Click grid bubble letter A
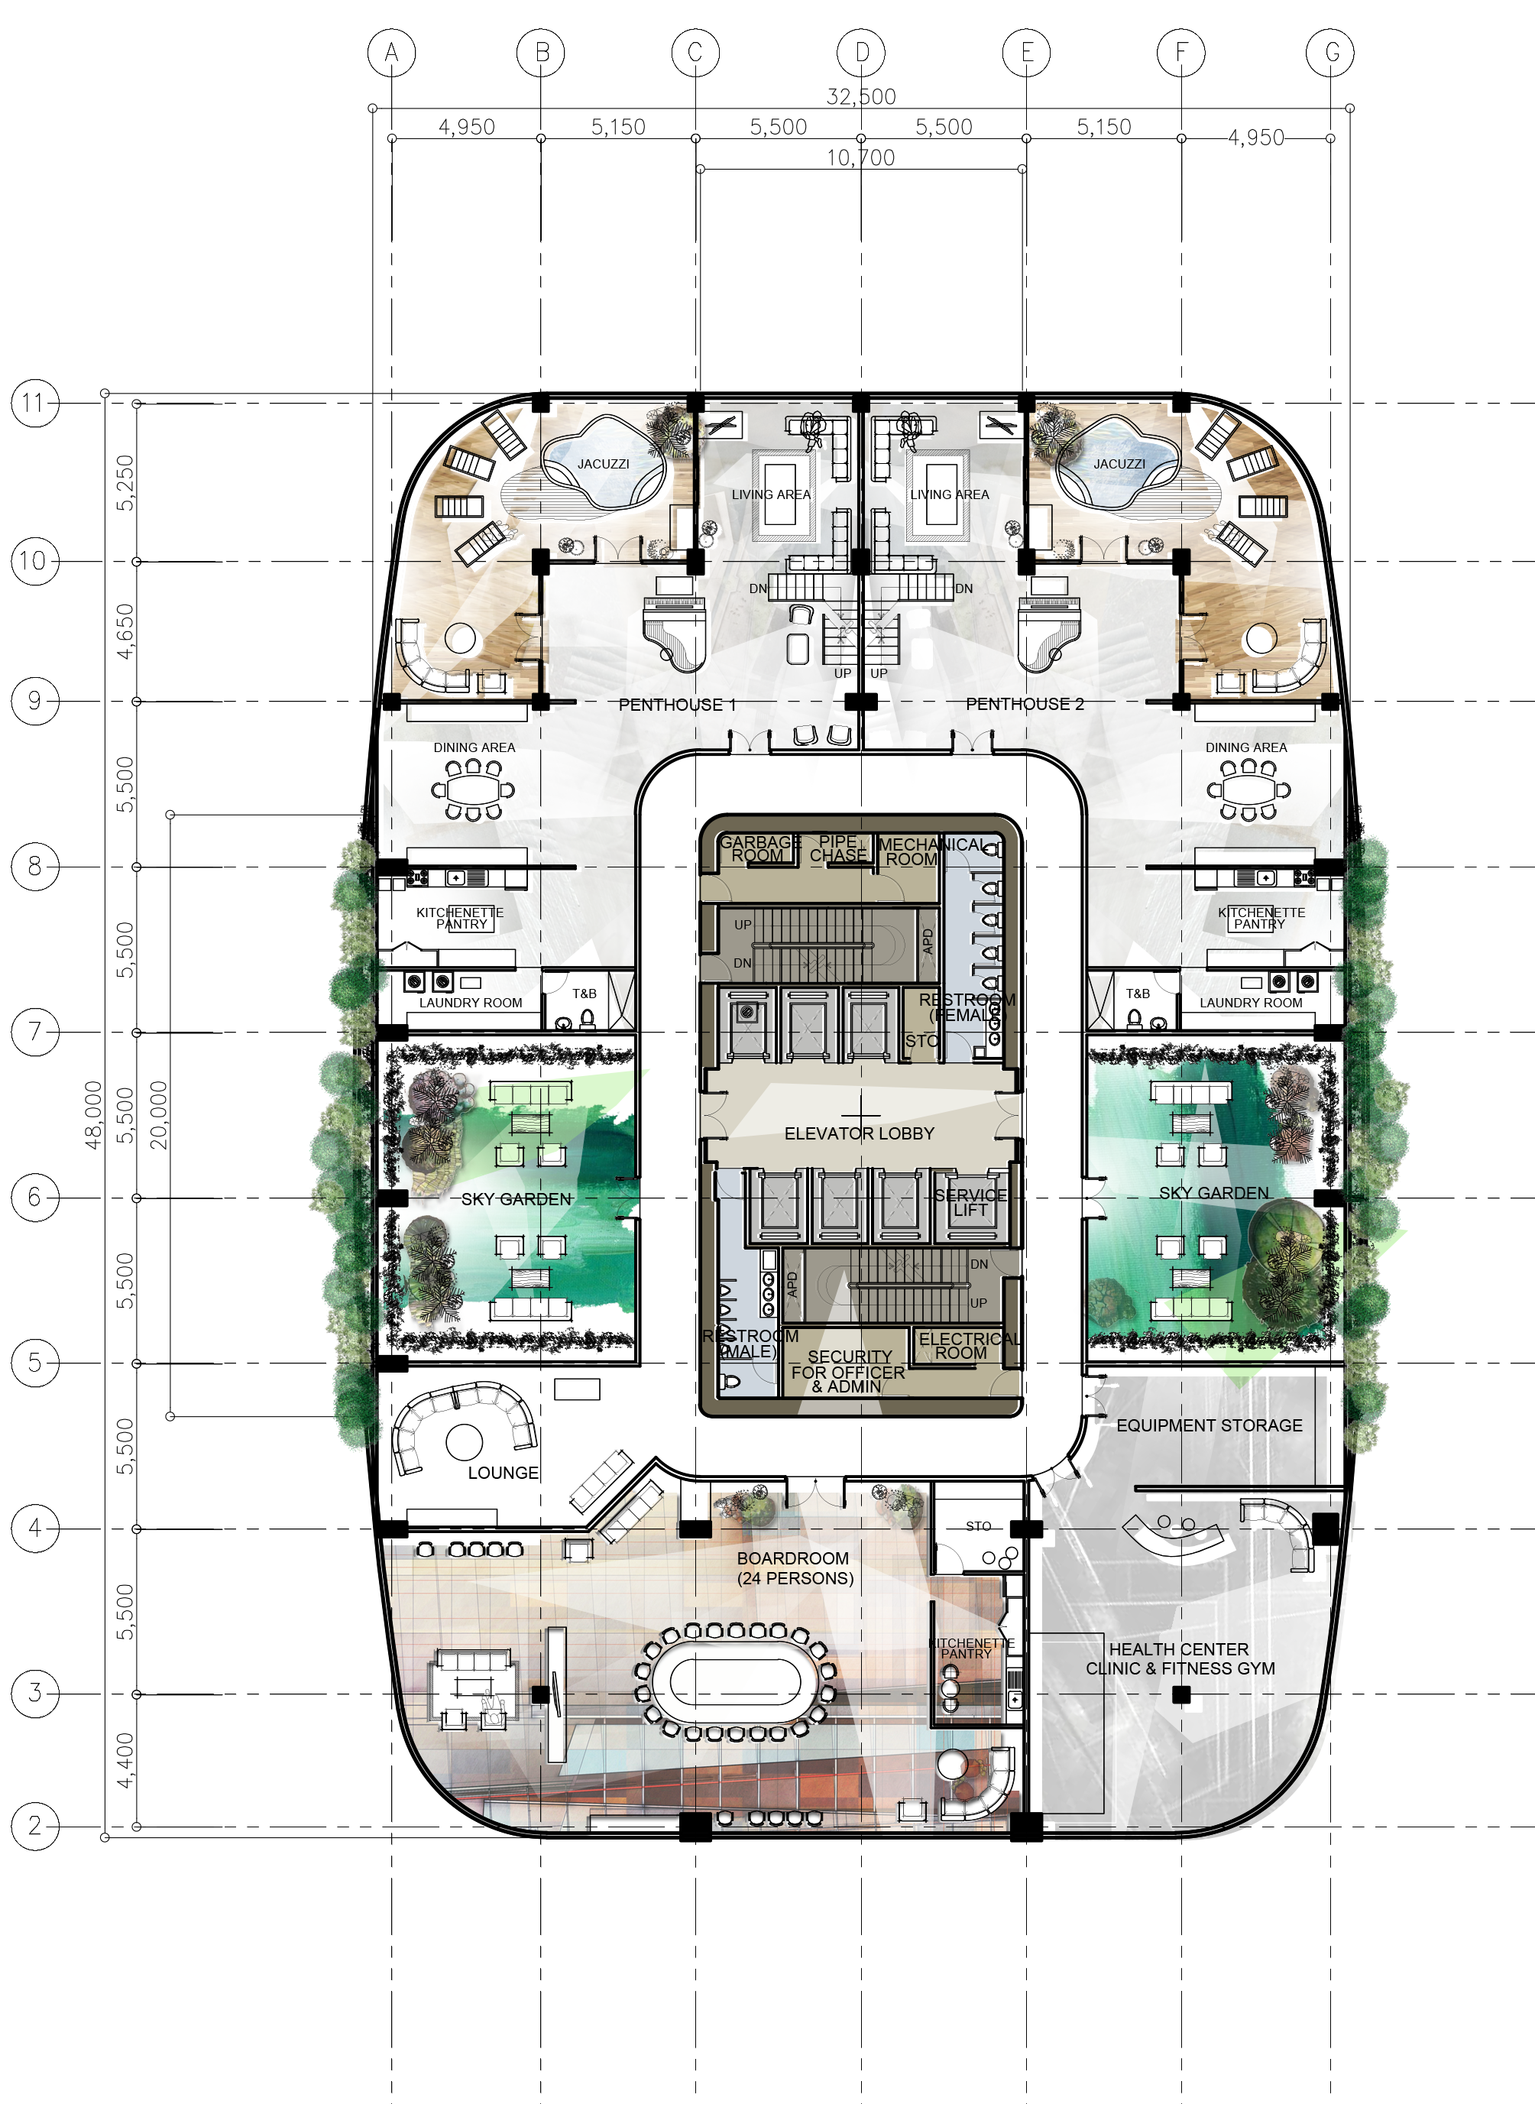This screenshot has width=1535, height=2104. (x=391, y=53)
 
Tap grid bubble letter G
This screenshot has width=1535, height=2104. (x=1329, y=53)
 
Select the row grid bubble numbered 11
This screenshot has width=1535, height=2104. (x=34, y=404)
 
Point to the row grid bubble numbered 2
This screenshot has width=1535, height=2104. (x=34, y=1826)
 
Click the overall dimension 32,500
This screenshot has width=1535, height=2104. (x=860, y=96)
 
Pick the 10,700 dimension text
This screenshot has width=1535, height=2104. (x=860, y=158)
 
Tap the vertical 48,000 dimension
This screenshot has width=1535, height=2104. (x=94, y=1114)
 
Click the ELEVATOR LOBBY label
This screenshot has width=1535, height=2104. (x=860, y=1134)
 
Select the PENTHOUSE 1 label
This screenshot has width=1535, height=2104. (x=678, y=705)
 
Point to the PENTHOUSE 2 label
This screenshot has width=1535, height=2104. (x=1025, y=704)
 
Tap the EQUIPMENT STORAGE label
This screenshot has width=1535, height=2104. (x=1209, y=1425)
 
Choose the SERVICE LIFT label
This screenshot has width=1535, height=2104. (x=970, y=1202)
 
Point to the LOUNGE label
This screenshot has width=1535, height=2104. (x=503, y=1473)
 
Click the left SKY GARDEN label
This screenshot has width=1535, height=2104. (x=517, y=1200)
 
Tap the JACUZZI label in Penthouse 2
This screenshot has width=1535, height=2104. (x=1119, y=464)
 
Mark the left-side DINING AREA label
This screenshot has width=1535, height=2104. (x=474, y=747)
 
